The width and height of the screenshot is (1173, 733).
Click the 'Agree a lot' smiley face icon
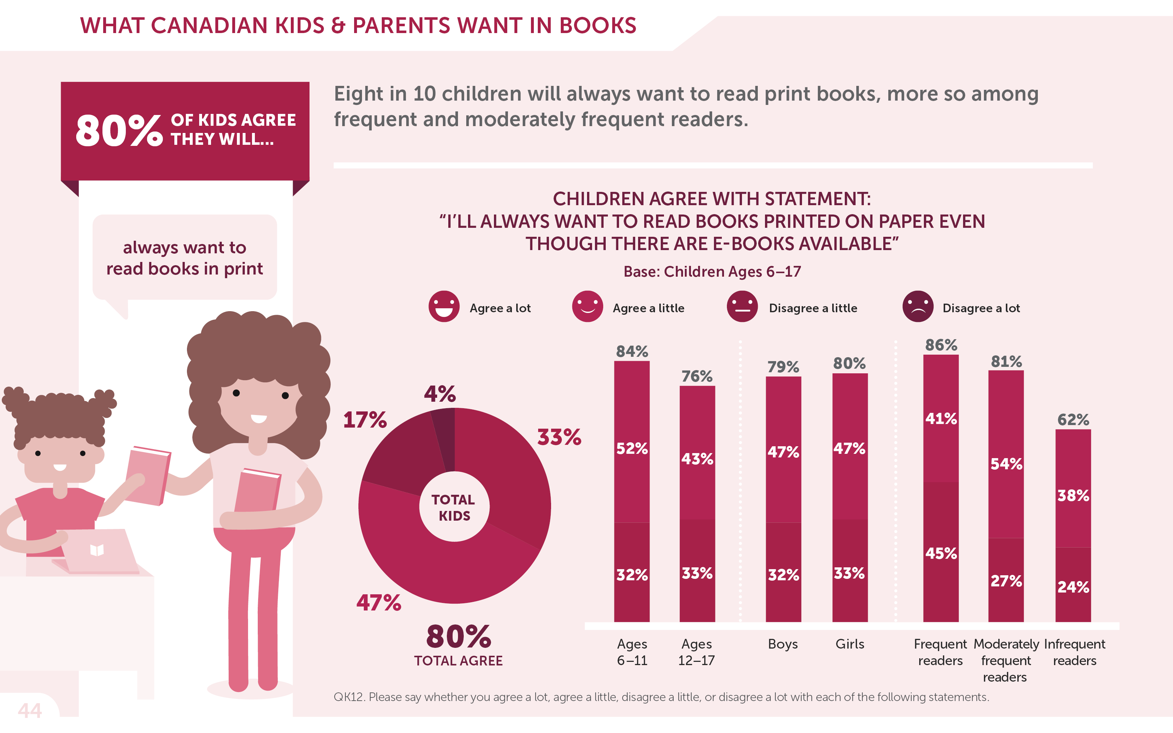444,306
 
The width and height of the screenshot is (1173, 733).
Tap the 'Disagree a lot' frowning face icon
917,306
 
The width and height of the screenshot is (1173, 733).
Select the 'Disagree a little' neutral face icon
742,306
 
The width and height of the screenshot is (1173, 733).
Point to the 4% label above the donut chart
440,394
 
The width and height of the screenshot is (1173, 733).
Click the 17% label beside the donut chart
365,420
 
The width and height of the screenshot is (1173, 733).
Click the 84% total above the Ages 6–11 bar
632,351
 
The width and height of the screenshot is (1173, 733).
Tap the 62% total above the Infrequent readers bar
1073,419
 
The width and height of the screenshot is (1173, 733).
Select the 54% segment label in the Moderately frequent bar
1006,464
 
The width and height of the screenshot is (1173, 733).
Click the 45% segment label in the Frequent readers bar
941,553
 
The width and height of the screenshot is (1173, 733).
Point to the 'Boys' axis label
783,644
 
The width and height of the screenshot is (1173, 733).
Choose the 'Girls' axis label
849,644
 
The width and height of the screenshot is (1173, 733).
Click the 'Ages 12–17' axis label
696,652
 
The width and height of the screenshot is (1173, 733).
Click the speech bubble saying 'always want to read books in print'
185,258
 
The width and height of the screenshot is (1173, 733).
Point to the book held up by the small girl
147,475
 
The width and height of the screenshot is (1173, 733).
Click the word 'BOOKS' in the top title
597,26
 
